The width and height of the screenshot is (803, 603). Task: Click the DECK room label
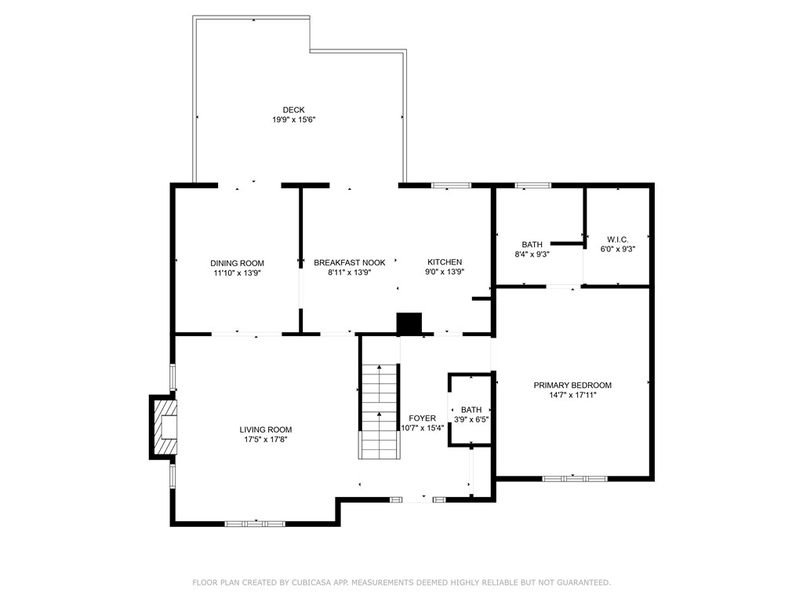(x=293, y=110)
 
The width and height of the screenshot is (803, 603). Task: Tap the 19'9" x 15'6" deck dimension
(x=293, y=120)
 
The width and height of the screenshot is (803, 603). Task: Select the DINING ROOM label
(x=237, y=263)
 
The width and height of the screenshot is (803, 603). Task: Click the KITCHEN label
(x=445, y=262)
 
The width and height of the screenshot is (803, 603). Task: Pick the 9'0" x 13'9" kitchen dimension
(x=445, y=272)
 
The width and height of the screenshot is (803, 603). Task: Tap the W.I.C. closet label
(x=618, y=239)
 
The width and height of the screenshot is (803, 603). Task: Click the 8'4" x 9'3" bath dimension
(x=532, y=254)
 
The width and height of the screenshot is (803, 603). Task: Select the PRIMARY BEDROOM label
(x=572, y=385)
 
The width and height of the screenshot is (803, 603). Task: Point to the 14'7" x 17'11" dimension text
(x=572, y=395)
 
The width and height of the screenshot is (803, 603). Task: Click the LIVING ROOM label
(x=266, y=429)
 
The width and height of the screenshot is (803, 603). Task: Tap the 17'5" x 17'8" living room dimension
(x=266, y=440)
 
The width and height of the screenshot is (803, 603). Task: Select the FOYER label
(x=423, y=418)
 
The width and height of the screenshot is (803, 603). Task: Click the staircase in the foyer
(x=380, y=412)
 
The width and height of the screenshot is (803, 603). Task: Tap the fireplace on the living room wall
(x=164, y=427)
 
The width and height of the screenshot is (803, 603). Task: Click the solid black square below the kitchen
(x=409, y=323)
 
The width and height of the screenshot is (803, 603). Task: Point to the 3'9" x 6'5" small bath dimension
(x=471, y=419)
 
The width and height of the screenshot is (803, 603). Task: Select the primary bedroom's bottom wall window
(x=575, y=477)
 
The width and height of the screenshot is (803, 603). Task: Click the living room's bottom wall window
(x=255, y=523)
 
